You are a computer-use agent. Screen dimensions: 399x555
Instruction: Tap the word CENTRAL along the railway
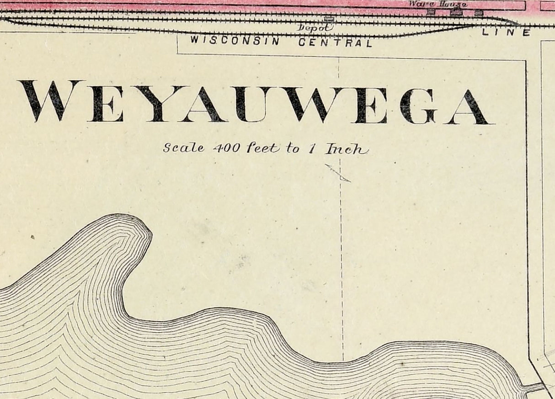[x=335, y=43]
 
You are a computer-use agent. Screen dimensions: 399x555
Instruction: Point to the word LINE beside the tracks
[x=506, y=32]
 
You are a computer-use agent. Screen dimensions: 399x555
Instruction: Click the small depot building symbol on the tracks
[x=329, y=19]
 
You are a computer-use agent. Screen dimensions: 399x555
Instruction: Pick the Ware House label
[x=438, y=4]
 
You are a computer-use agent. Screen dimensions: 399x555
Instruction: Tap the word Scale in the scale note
[x=183, y=148]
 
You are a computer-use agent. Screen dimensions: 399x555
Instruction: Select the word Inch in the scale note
[x=346, y=149]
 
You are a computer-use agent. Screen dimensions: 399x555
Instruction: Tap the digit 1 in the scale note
[x=311, y=149]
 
